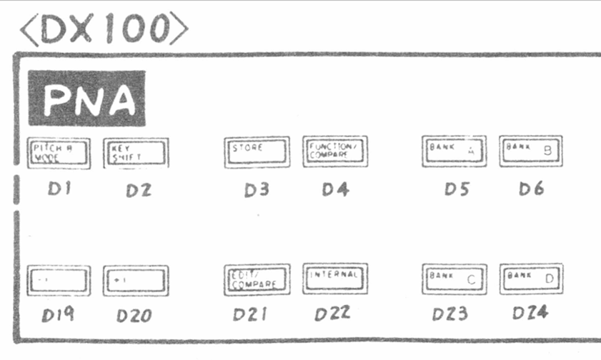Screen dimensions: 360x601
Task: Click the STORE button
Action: (257, 151)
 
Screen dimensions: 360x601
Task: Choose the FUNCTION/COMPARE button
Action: (334, 151)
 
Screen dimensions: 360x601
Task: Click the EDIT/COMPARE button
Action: (257, 279)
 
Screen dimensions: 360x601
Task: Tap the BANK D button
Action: (531, 278)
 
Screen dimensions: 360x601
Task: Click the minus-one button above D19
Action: (59, 280)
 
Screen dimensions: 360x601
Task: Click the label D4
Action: (334, 189)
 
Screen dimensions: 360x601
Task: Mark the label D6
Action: (531, 189)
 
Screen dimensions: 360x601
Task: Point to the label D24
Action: (530, 313)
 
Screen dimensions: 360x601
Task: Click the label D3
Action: (255, 190)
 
